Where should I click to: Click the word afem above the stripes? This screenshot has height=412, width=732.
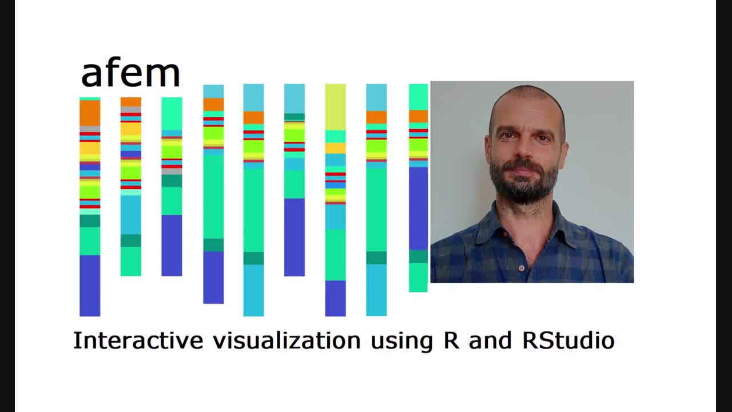[x=131, y=74]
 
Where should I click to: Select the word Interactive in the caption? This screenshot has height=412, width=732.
[x=138, y=340]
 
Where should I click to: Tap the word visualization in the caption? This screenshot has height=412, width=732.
[x=287, y=340]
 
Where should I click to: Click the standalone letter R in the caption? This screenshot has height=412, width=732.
[x=451, y=340]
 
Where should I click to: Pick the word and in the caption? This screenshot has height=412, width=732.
[x=490, y=340]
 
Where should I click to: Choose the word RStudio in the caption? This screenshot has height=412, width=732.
[x=568, y=340]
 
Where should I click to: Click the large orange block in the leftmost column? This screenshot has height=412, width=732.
[x=90, y=113]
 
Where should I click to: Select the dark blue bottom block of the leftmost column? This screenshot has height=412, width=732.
[x=90, y=286]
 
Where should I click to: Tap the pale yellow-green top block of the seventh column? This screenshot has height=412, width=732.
[x=335, y=107]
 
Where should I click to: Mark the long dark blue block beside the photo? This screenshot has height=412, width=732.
[x=418, y=209]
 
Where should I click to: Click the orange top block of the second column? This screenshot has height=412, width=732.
[x=131, y=102]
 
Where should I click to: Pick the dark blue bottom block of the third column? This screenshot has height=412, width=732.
[x=172, y=245]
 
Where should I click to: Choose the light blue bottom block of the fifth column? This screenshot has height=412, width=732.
[x=253, y=290]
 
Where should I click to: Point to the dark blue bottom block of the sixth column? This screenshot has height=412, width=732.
[x=295, y=237]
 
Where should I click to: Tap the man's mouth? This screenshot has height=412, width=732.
[x=524, y=172]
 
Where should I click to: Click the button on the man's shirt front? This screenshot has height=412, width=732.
[x=522, y=268]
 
